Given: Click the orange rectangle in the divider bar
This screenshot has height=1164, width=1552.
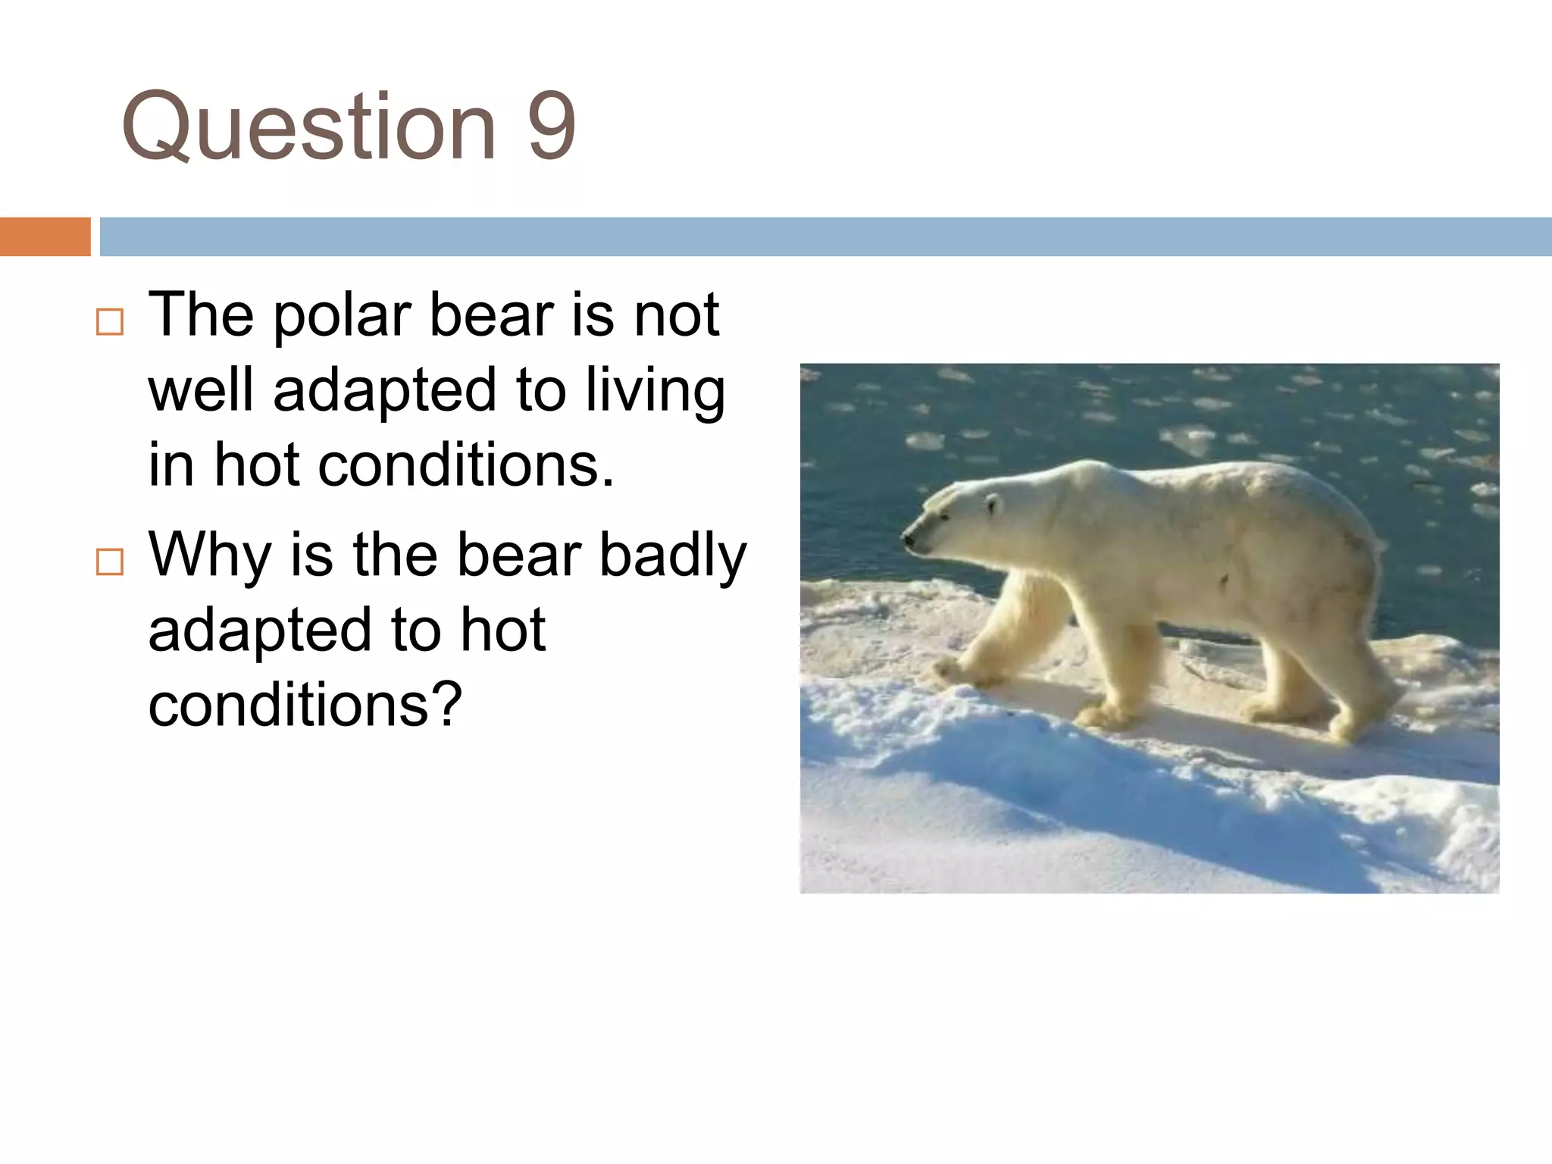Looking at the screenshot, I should point(45,236).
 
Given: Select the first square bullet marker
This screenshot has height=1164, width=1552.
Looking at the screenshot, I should point(110,322).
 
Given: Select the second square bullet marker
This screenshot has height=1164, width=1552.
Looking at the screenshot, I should point(110,562).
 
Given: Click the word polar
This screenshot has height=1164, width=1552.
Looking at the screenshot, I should point(341,317).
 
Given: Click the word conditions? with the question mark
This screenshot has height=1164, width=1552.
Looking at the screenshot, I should point(305,705).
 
